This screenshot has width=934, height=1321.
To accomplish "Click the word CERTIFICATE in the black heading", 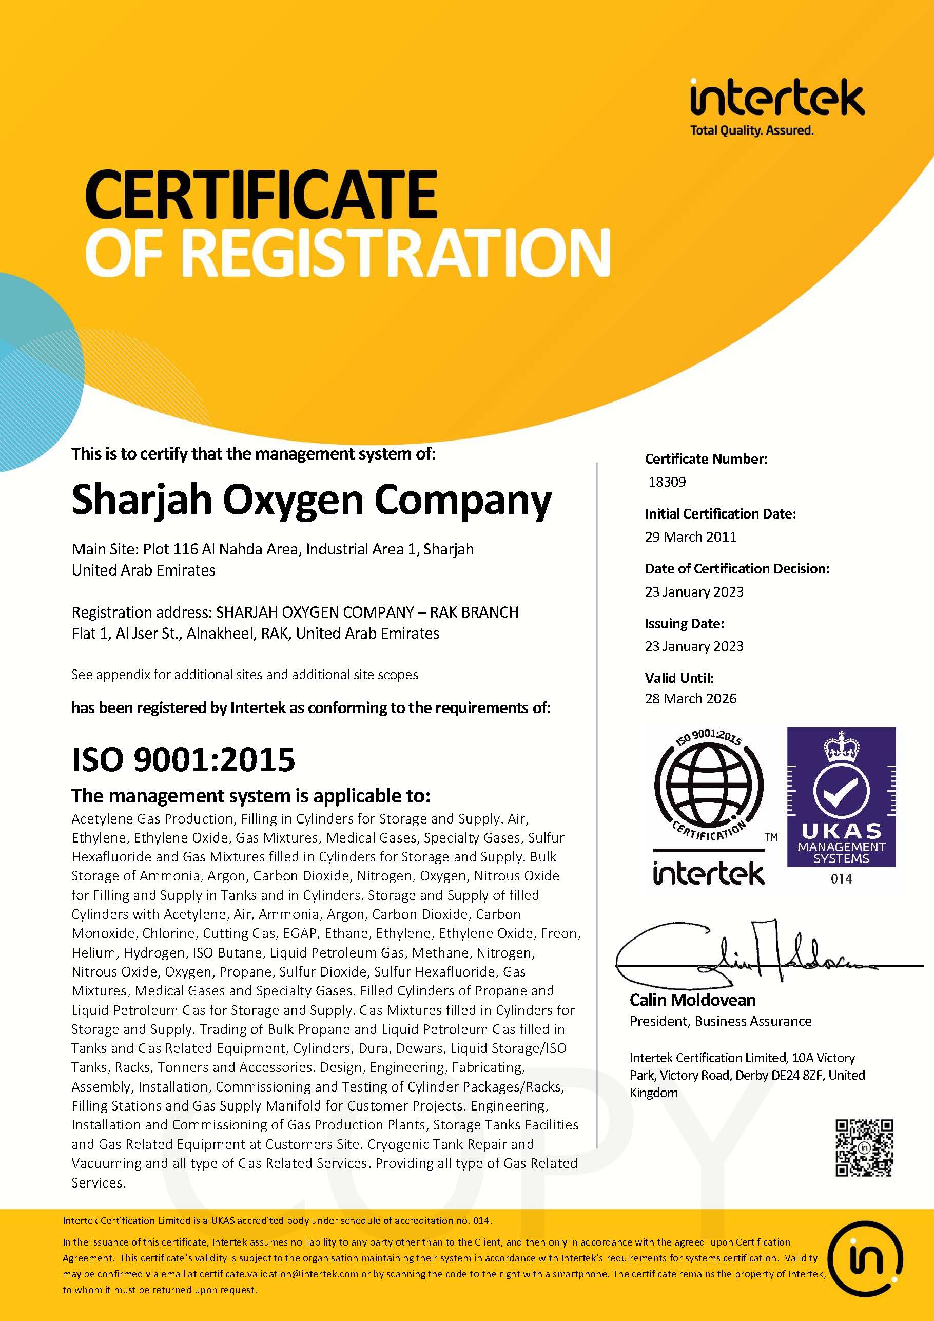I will point(261,195).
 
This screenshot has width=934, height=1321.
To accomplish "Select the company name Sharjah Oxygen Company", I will point(311,500).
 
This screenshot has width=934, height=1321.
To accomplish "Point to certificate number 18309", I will point(667,482).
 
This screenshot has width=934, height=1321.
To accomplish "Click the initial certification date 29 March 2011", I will point(690,537).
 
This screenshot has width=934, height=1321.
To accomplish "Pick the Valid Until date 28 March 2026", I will point(690,698).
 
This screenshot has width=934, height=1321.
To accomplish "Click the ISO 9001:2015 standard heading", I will point(183,759).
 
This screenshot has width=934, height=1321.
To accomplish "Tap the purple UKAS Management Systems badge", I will point(841,797).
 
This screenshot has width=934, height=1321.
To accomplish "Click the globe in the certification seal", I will point(709,786).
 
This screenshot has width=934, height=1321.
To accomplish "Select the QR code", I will point(864,1147).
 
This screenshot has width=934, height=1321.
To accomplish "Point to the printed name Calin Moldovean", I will point(692,1000).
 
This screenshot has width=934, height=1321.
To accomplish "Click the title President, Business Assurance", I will point(720,1021).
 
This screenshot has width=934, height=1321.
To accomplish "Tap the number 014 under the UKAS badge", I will point(841,878).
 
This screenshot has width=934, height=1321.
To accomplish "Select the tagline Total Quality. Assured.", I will point(752,130).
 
